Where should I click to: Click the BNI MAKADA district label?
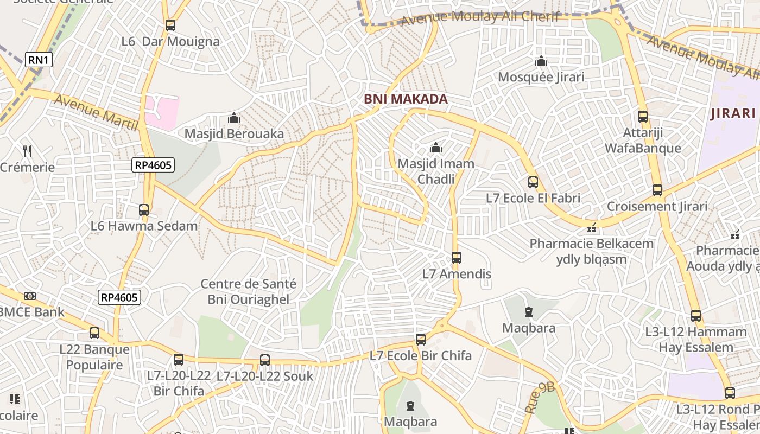coord(406,99)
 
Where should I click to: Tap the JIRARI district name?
coord(733,113)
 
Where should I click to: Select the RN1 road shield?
coord(39,60)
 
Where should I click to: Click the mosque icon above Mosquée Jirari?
coord(541,61)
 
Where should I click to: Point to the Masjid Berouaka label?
coord(234,133)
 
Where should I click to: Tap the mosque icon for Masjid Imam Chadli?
coord(435,148)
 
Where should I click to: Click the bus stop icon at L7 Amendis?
coord(457,258)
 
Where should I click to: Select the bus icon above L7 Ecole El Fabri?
coord(533,182)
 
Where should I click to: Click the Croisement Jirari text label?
coord(657,207)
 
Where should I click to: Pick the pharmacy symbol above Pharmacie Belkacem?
coord(592,227)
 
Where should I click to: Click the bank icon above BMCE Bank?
coord(30,296)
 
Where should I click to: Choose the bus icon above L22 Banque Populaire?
coord(94,333)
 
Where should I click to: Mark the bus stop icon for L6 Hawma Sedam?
coord(144,210)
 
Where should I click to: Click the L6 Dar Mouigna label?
coord(170,42)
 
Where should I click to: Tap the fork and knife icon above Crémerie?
coord(27,151)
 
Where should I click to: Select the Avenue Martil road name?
coord(96,112)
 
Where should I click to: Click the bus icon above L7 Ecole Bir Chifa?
coord(421,340)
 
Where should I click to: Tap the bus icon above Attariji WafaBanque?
coord(643,117)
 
